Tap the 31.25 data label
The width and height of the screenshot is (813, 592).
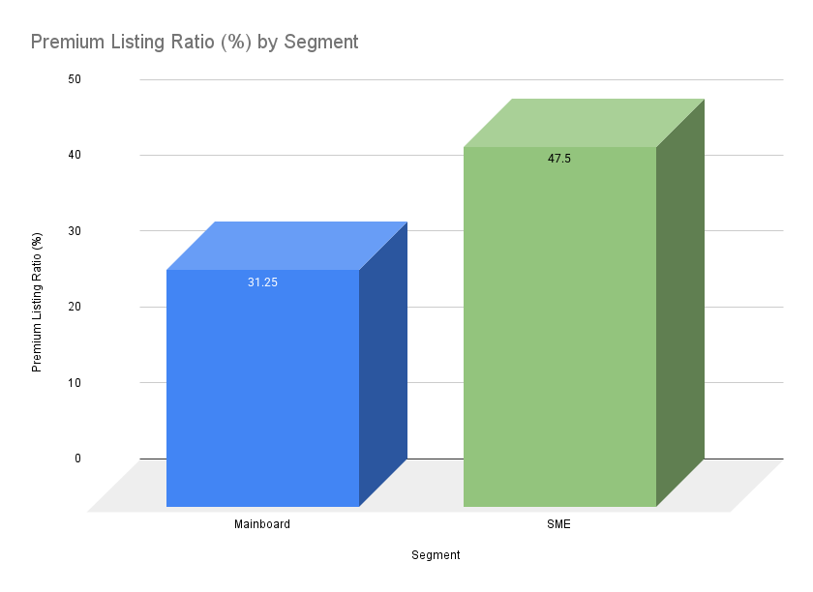tap(262, 282)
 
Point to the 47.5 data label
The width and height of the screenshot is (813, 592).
tap(559, 159)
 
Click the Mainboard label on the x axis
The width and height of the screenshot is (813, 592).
tap(262, 525)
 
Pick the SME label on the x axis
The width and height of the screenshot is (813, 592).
tap(559, 525)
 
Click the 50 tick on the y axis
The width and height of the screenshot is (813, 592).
tap(75, 78)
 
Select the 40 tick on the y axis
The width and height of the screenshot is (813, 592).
tap(75, 155)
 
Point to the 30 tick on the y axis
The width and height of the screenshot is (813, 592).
tap(75, 231)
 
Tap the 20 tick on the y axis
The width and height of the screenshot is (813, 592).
tap(75, 307)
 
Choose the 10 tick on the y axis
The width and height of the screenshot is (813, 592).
tap(75, 383)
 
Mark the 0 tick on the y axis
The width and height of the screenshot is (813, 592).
tap(77, 459)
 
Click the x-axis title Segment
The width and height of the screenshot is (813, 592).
tap(436, 555)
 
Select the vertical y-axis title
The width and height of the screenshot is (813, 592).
tap(37, 302)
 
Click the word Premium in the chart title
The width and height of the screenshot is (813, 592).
tap(66, 43)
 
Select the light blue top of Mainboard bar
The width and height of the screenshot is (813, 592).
tap(286, 246)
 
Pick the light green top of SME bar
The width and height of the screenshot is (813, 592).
tap(584, 123)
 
